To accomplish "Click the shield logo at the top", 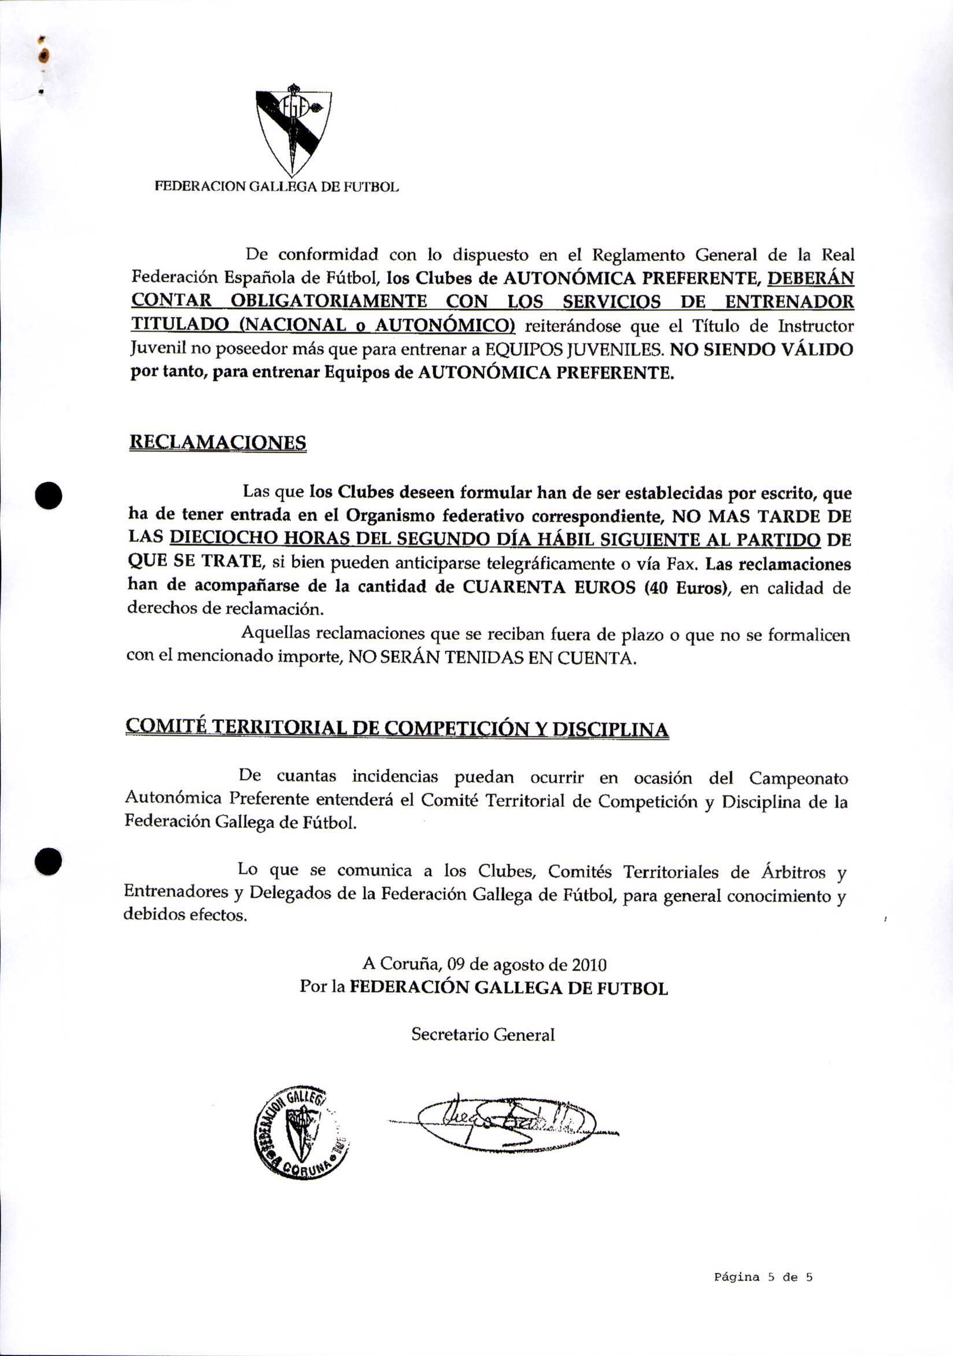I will click(x=293, y=130).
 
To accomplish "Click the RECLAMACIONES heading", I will click(x=217, y=443).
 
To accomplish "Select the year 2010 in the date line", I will click(x=589, y=966).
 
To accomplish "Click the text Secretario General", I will click(x=482, y=1035).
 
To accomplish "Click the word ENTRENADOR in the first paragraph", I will click(x=789, y=302).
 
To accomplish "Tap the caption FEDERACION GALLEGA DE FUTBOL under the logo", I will click(x=276, y=187).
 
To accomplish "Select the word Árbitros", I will click(x=793, y=872).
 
